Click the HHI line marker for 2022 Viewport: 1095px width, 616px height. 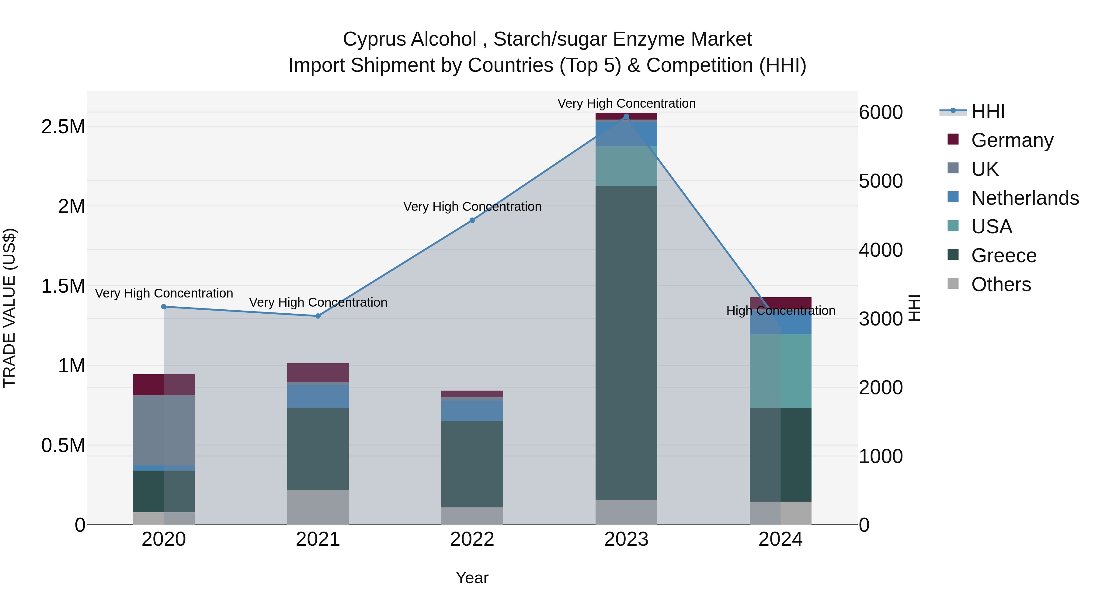point(472,220)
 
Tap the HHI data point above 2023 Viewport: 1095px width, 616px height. point(626,117)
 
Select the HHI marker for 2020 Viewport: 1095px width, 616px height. point(164,307)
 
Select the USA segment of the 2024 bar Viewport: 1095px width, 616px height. point(780,371)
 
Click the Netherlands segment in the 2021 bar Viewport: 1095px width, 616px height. point(318,396)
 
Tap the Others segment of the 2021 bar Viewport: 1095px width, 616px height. point(318,507)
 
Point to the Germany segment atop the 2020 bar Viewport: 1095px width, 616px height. point(164,384)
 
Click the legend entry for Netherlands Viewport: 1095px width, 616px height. point(1024,198)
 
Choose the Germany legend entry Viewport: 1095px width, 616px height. point(1012,140)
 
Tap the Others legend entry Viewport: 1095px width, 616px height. point(1001,284)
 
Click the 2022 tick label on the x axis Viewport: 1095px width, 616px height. point(472,539)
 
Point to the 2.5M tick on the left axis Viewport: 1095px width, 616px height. point(63,127)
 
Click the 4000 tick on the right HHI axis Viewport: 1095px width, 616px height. point(880,250)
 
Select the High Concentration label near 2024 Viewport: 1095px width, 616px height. point(780,311)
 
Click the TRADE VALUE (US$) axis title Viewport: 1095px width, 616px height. point(9,308)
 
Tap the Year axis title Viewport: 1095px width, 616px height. point(472,578)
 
